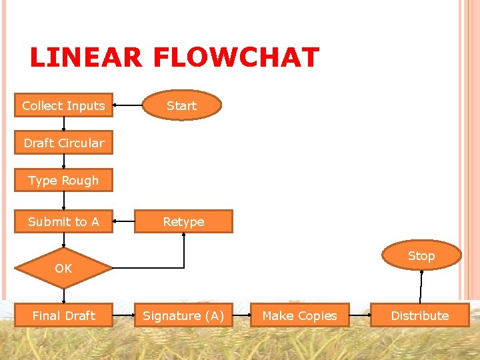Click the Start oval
(x=181, y=105)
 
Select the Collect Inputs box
(x=63, y=105)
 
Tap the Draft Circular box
(x=63, y=143)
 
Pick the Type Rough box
(x=63, y=181)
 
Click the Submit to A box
(x=63, y=221)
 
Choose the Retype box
(x=183, y=221)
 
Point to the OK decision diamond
(x=63, y=268)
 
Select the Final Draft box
(x=63, y=315)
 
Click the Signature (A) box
(x=183, y=315)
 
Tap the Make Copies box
(x=299, y=315)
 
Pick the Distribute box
(x=419, y=315)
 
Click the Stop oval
(x=421, y=256)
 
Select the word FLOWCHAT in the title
(x=236, y=58)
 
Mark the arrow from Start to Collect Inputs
(x=128, y=105)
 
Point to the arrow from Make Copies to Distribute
(x=360, y=315)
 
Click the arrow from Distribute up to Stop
(x=421, y=285)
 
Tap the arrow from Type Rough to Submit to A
(x=63, y=201)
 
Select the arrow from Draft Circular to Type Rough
(x=63, y=161)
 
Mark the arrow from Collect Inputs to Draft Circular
(x=63, y=124)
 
